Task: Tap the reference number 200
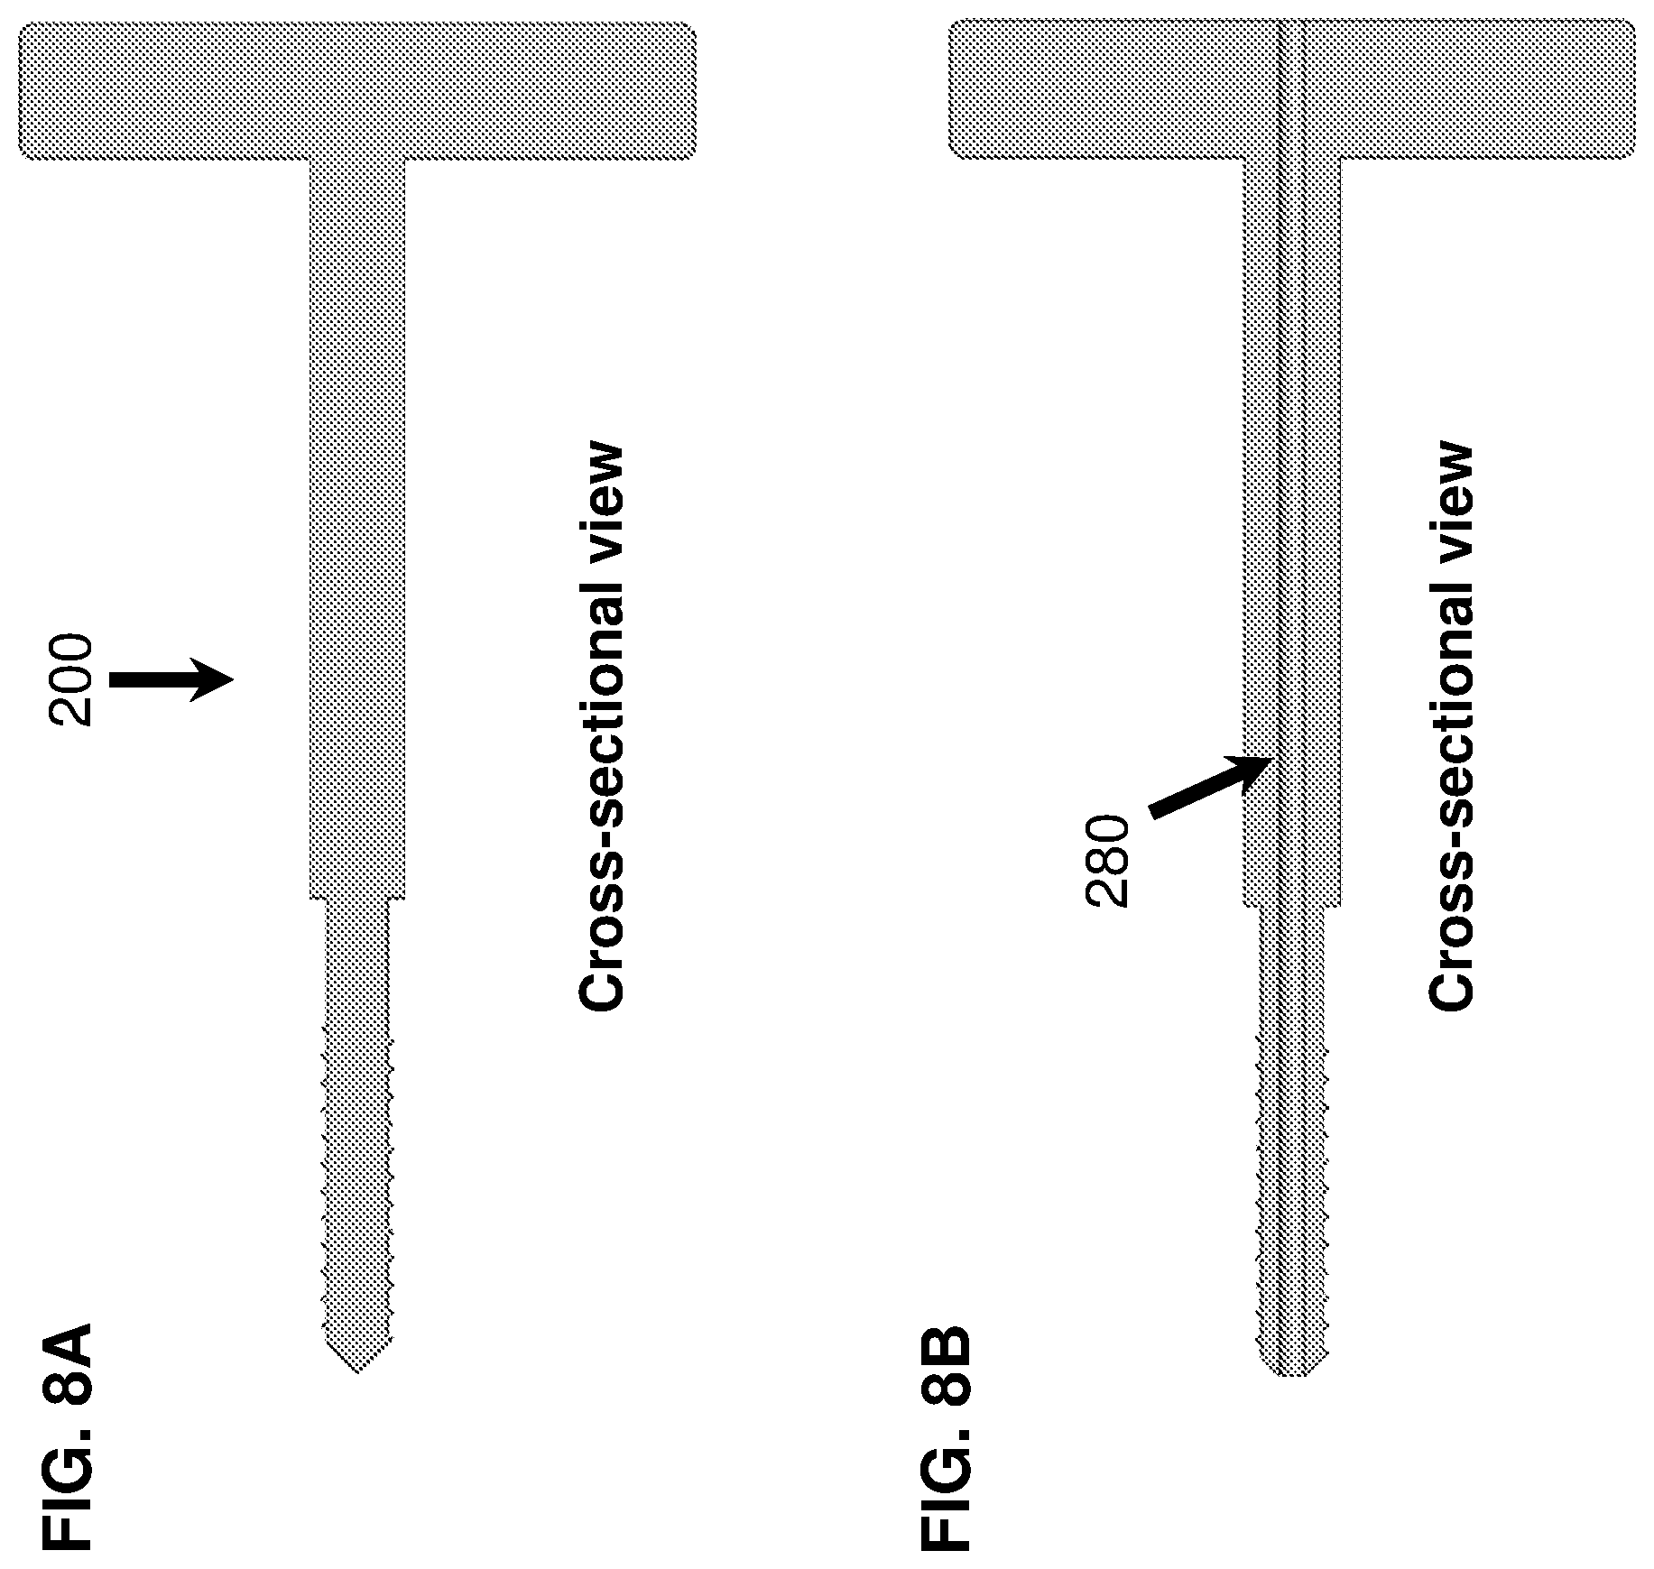[x=71, y=680]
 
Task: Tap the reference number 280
[x=1106, y=861]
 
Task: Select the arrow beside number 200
[x=171, y=680]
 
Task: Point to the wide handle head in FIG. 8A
[x=357, y=91]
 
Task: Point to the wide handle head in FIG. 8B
[x=1292, y=90]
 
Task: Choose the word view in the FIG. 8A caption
[x=600, y=505]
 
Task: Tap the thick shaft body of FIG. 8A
[x=357, y=529]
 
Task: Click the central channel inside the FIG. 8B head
[x=1292, y=90]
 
